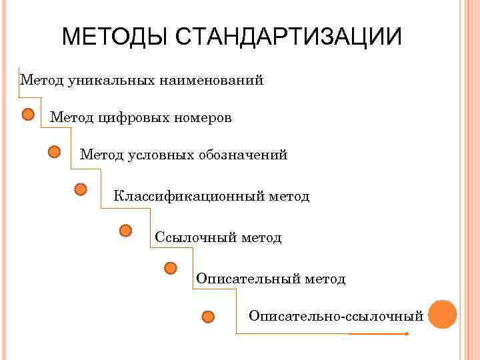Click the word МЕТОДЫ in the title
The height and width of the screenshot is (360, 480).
(x=116, y=37)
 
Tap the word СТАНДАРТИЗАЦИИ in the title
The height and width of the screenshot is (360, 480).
(x=289, y=37)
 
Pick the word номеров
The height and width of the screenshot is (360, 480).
(x=203, y=118)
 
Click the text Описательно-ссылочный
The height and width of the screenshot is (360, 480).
(x=336, y=315)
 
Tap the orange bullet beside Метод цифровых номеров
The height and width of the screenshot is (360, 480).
(x=28, y=115)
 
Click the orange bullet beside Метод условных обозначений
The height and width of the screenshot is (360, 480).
(x=55, y=152)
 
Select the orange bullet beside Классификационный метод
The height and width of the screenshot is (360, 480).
(x=81, y=190)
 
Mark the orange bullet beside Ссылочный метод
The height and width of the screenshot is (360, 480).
(x=125, y=231)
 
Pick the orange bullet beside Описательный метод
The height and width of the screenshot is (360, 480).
(x=171, y=268)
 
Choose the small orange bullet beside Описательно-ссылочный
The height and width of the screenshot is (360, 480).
(x=208, y=316)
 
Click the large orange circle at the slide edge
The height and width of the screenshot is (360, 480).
(x=443, y=315)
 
